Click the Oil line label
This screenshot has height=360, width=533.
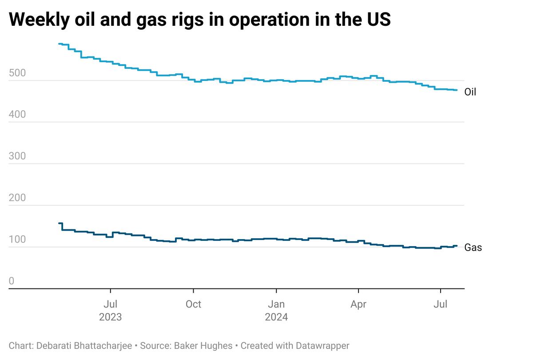coord(470,92)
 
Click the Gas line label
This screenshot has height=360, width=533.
coord(473,248)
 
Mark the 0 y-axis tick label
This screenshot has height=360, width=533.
coord(12,281)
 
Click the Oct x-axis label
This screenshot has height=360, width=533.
coord(193,304)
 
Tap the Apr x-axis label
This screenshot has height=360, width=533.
coord(358,304)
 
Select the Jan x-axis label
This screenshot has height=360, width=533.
coord(276,304)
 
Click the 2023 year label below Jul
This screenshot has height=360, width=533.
coord(110,317)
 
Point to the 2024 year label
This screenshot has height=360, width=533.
coord(276,317)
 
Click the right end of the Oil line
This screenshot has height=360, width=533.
coord(457,90)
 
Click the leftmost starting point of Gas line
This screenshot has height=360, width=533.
coord(60,223)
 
